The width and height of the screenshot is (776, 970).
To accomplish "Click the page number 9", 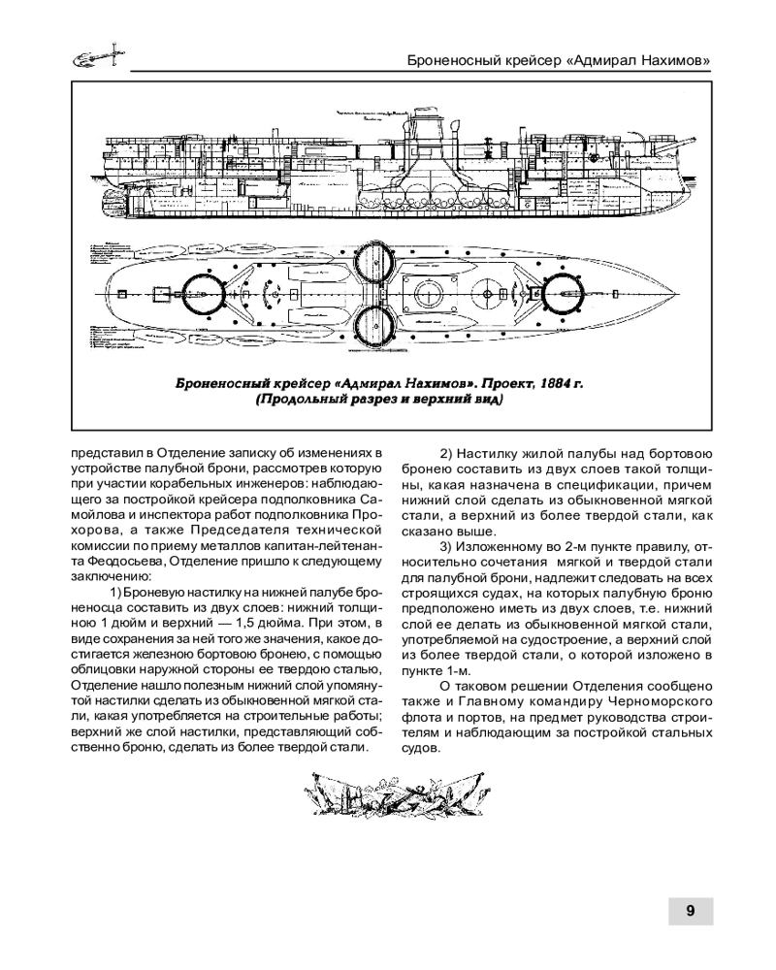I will tap(690, 911).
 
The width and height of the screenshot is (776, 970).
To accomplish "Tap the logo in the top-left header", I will tap(96, 57).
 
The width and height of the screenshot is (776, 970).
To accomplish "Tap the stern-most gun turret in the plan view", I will tap(203, 291).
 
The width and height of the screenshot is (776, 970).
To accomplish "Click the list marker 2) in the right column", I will tap(448, 453).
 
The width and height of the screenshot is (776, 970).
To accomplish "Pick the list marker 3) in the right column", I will tap(448, 547).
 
